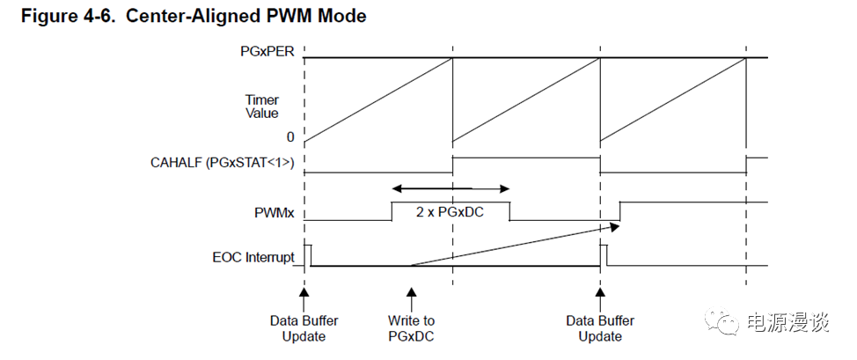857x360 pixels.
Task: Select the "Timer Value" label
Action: coord(262,107)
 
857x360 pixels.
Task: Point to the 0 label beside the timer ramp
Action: coord(289,137)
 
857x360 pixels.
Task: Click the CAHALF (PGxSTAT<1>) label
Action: coord(222,162)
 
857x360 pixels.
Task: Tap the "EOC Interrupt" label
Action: coord(253,258)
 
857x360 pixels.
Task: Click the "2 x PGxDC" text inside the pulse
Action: coord(450,212)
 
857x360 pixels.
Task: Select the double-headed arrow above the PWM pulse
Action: coord(450,188)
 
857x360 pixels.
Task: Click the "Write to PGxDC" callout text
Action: coord(411,328)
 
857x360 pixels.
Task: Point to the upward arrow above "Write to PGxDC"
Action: coord(411,294)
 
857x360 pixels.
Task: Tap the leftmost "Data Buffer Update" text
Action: coord(304,328)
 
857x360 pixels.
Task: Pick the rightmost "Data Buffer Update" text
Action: coord(601,328)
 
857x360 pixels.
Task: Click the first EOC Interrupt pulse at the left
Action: coord(308,253)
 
